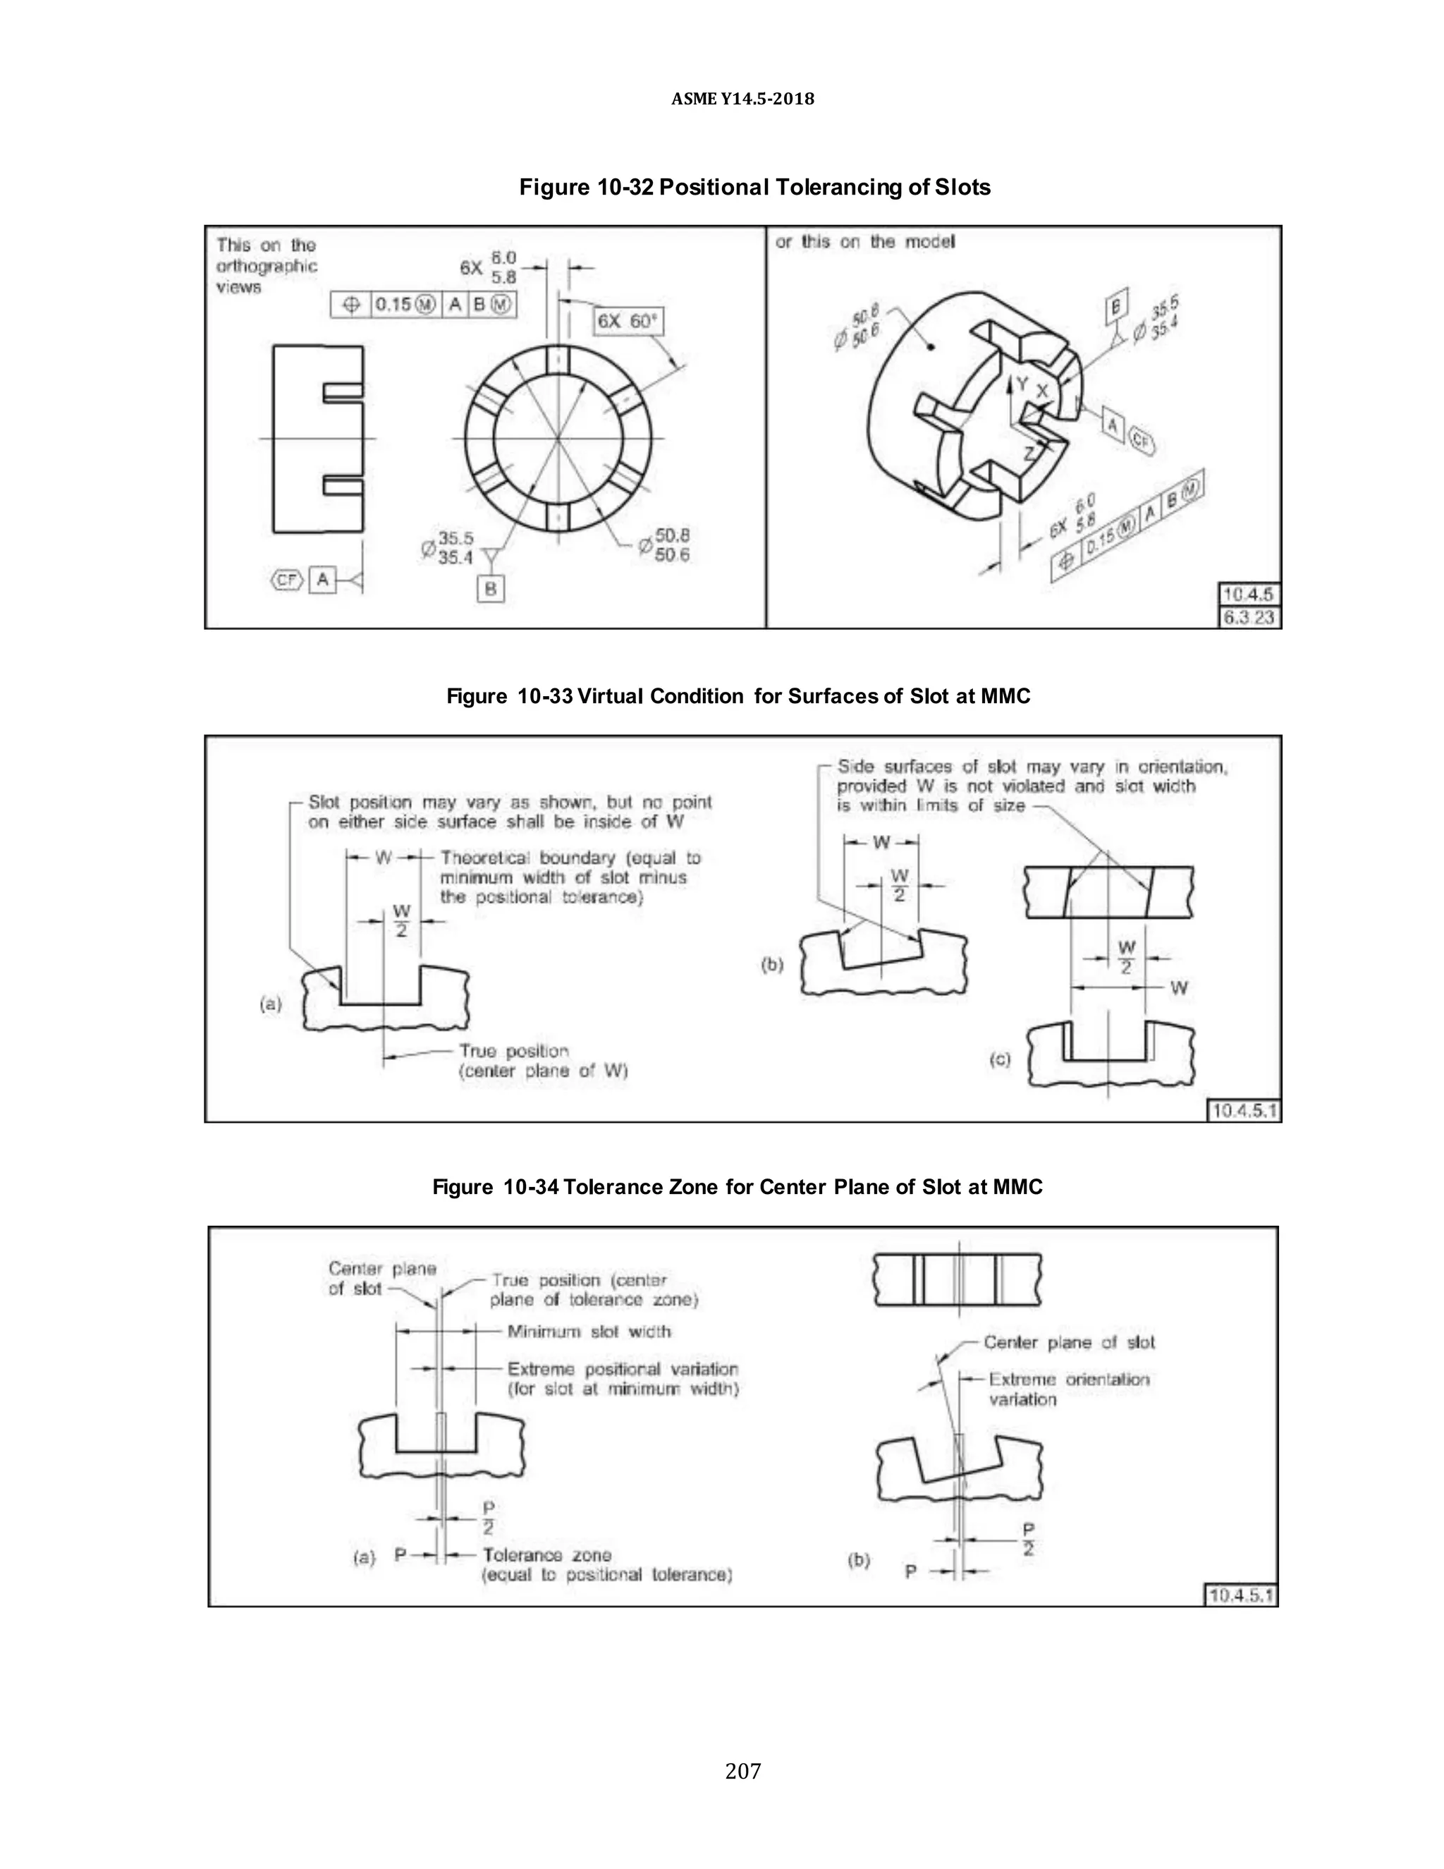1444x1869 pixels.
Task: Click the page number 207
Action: pyautogui.click(x=742, y=1770)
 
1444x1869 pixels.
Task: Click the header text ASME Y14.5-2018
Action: pyautogui.click(x=742, y=99)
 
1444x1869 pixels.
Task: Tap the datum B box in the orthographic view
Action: pyautogui.click(x=490, y=589)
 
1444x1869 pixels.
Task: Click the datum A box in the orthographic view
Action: pyautogui.click(x=322, y=579)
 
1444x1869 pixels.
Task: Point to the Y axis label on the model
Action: pyautogui.click(x=1022, y=384)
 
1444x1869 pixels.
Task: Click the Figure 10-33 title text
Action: pyautogui.click(x=738, y=695)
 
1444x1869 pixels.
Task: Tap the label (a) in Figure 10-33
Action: pyautogui.click(x=270, y=1004)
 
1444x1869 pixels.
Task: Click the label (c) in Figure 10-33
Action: pyautogui.click(x=999, y=1059)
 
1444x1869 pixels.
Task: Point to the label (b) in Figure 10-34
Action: pyautogui.click(x=858, y=1559)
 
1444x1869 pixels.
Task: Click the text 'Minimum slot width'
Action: pyautogui.click(x=589, y=1332)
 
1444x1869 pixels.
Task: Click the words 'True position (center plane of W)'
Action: pyautogui.click(x=543, y=1061)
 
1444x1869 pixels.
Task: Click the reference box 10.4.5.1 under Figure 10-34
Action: pyautogui.click(x=1241, y=1595)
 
